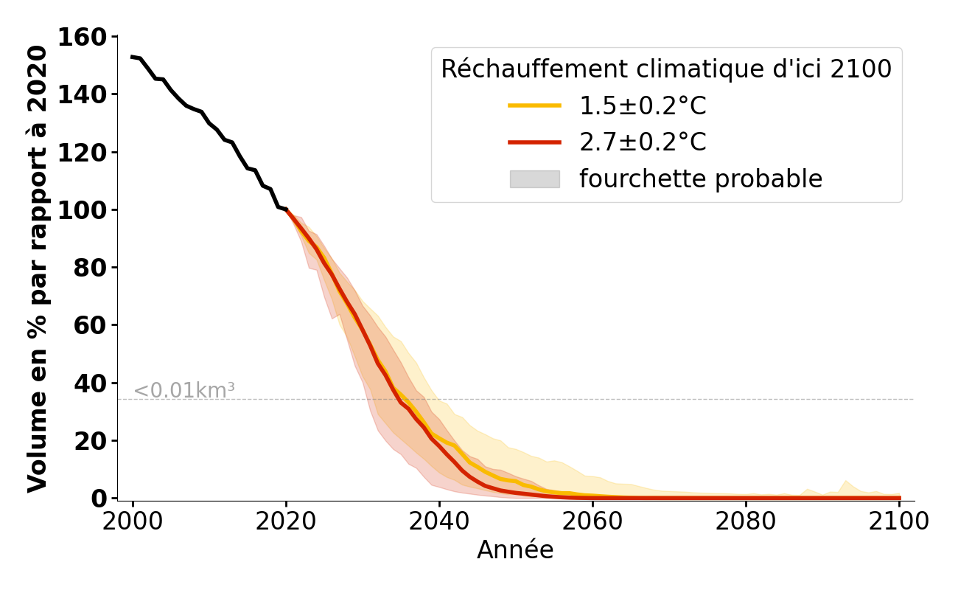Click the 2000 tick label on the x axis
click(x=133, y=521)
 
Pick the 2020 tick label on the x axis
click(x=286, y=521)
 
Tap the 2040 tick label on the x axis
click(x=439, y=521)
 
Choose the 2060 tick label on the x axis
click(x=592, y=521)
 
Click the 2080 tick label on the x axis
click(x=746, y=521)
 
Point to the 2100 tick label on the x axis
click(x=899, y=521)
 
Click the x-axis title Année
click(x=515, y=550)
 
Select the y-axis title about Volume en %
click(x=38, y=268)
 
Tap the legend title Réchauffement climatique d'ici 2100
click(x=666, y=69)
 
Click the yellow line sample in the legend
click(x=535, y=106)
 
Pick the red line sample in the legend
click(x=535, y=142)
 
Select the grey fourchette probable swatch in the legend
click(x=535, y=179)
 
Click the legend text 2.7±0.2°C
click(x=643, y=142)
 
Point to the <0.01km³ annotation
click(x=183, y=391)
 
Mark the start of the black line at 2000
click(x=133, y=57)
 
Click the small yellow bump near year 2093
click(x=846, y=483)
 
